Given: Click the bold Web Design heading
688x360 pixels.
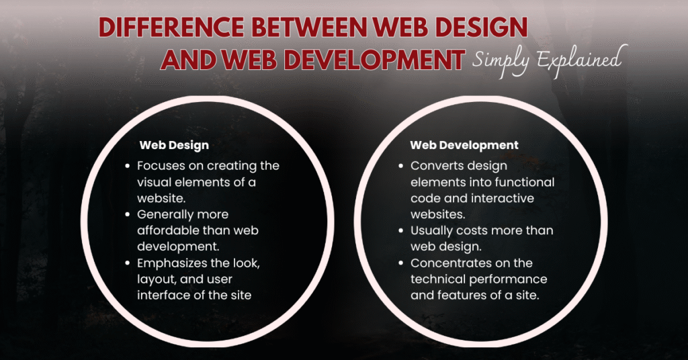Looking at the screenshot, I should click(174, 145).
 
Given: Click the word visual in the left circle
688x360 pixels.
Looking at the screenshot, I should click(155, 182).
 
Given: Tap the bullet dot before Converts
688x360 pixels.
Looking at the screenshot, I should click(400, 166).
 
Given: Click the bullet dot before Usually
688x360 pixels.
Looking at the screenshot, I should click(400, 230).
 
